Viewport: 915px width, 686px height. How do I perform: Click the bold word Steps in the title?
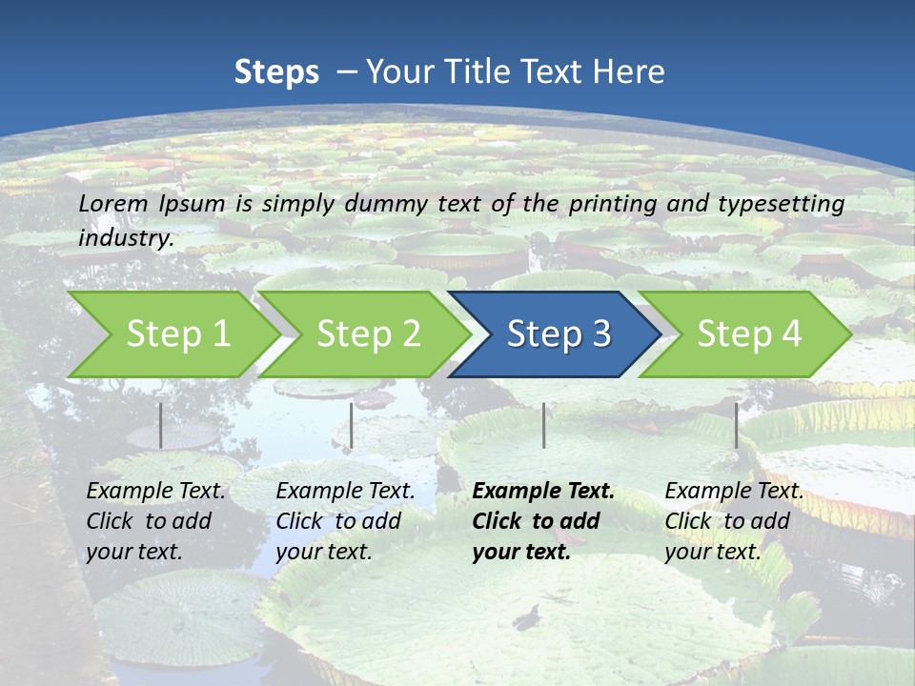point(276,72)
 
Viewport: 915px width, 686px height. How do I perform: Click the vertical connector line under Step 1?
point(161,425)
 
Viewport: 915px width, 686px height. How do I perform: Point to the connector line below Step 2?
point(352,425)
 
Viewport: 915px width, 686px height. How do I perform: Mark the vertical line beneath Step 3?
point(543,425)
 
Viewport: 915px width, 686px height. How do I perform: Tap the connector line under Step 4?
point(736,425)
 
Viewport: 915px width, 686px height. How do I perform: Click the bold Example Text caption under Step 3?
point(543,521)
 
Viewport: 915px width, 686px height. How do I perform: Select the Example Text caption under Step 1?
point(156,521)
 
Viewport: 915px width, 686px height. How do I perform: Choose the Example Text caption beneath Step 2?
point(345,521)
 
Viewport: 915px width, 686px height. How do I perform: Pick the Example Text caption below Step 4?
point(734,521)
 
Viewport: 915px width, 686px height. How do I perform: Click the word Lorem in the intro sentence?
point(113,204)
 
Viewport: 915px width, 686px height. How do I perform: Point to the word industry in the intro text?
point(126,238)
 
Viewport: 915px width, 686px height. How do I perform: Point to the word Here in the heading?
point(628,72)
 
